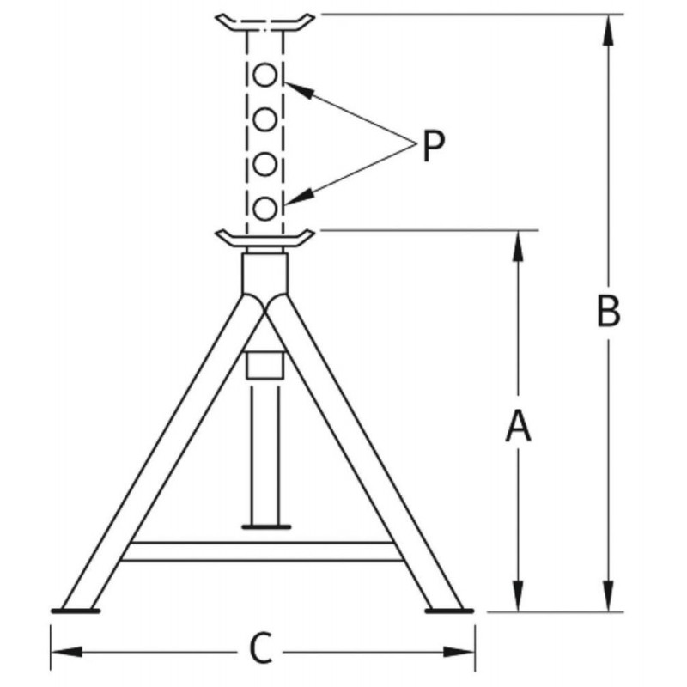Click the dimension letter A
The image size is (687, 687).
click(518, 425)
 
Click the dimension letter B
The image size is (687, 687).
click(609, 312)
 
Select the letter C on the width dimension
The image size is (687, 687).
click(261, 649)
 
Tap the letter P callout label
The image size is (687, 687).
click(434, 145)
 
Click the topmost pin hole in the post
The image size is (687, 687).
click(265, 75)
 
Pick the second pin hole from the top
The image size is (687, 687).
click(265, 119)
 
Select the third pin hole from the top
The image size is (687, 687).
click(265, 164)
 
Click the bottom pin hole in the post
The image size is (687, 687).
click(265, 209)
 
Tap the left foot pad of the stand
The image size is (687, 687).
click(76, 611)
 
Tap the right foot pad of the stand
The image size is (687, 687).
click(449, 611)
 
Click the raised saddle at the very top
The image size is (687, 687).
click(264, 24)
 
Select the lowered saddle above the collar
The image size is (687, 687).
click(264, 239)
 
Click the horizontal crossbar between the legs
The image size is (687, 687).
click(262, 551)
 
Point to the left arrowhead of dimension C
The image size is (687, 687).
click(66, 652)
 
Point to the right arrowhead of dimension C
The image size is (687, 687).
click(459, 652)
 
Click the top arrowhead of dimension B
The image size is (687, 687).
click(608, 30)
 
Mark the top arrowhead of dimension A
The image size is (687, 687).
click(518, 246)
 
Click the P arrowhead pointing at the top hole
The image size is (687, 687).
click(300, 90)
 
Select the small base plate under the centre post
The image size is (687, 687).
click(266, 526)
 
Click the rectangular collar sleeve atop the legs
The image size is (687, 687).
click(265, 273)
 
